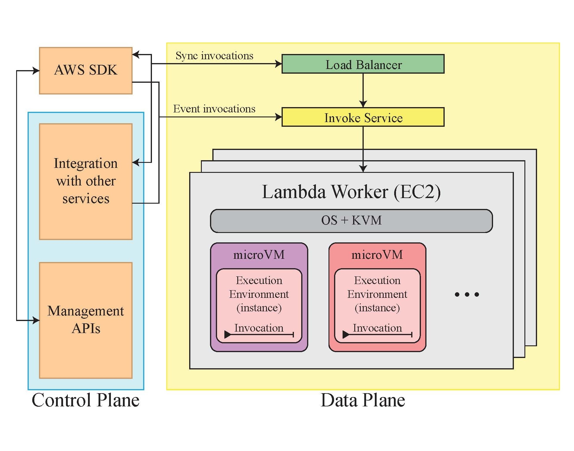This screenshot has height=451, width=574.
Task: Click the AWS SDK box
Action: pyautogui.click(x=86, y=70)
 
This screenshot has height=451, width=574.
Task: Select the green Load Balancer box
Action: pyautogui.click(x=363, y=64)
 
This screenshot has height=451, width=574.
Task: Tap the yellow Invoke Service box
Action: pyautogui.click(x=363, y=117)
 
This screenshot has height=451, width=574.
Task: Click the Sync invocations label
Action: pyautogui.click(x=214, y=55)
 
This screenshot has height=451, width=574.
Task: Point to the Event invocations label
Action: pyautogui.click(x=214, y=109)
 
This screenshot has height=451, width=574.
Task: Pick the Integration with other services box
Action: pyautogui.click(x=86, y=181)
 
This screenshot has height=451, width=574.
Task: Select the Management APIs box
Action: pyautogui.click(x=86, y=320)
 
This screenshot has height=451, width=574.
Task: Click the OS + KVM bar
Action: pyautogui.click(x=351, y=221)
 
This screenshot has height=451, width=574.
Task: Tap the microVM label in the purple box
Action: pyautogui.click(x=259, y=255)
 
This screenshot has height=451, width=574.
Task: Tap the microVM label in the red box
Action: pyautogui.click(x=377, y=255)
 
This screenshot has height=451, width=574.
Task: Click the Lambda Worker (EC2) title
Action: pyautogui.click(x=351, y=192)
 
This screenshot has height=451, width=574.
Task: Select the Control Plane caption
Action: pyautogui.click(x=85, y=400)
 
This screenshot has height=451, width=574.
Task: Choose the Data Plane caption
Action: pyautogui.click(x=363, y=400)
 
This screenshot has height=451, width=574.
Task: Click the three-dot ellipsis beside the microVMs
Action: pyautogui.click(x=467, y=294)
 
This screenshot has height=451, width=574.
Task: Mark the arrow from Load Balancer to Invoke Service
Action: pyautogui.click(x=363, y=89)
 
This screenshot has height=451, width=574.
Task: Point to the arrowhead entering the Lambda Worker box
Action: pyautogui.click(x=363, y=169)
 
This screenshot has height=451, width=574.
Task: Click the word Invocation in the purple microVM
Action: pyautogui.click(x=259, y=328)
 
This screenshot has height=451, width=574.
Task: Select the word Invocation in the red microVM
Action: pyautogui.click(x=377, y=328)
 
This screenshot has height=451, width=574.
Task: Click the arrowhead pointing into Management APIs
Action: pyautogui.click(x=36, y=320)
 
